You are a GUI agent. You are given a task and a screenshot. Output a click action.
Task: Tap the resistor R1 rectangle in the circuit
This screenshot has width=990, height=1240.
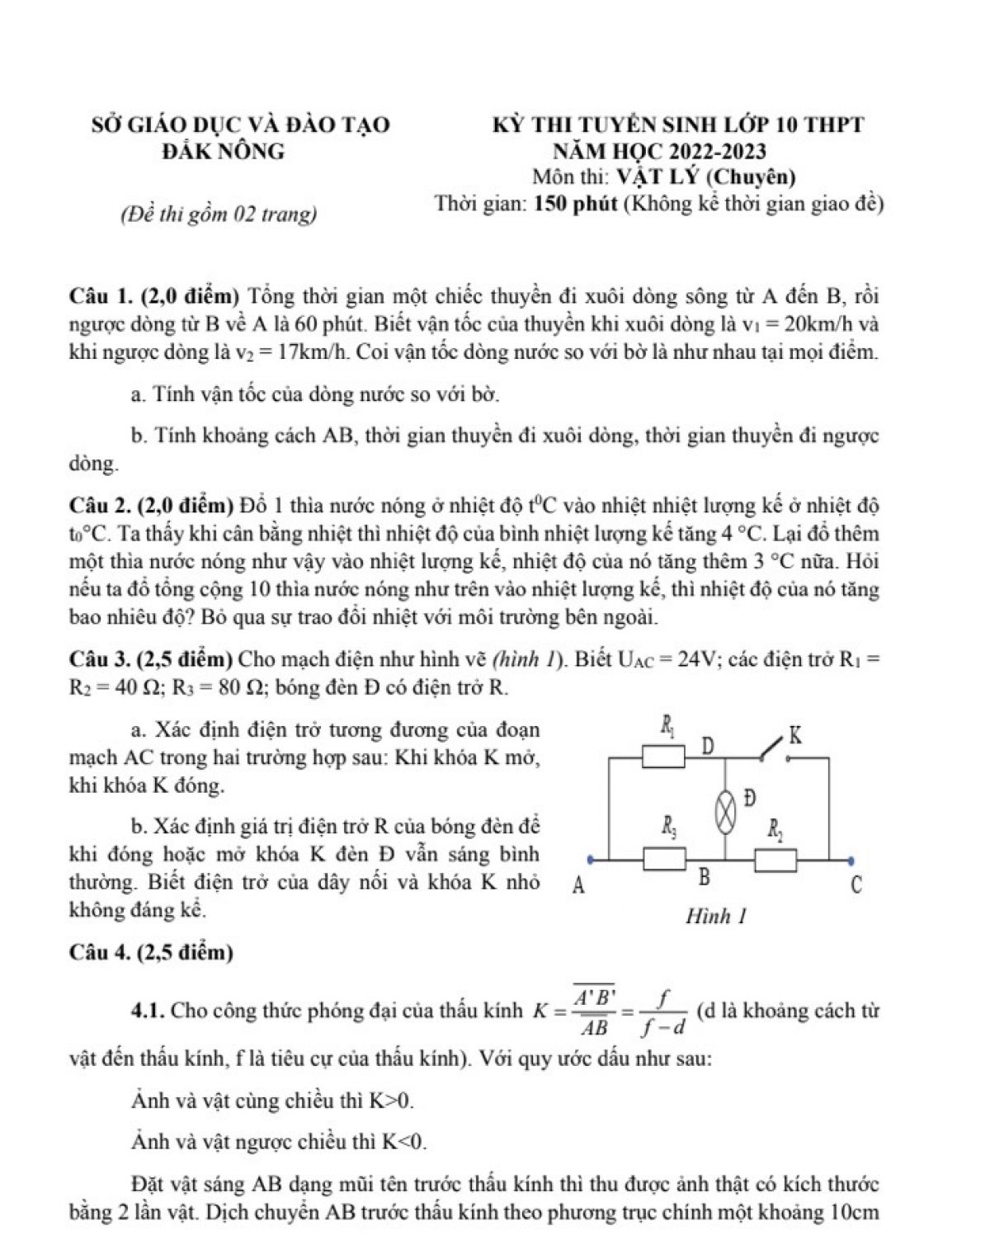point(664,756)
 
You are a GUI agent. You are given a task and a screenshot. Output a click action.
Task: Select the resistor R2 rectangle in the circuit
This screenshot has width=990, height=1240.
point(775,860)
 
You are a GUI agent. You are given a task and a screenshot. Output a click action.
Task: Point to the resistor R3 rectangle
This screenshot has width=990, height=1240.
point(665,860)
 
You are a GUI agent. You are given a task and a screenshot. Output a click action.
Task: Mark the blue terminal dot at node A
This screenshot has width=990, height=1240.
point(588,860)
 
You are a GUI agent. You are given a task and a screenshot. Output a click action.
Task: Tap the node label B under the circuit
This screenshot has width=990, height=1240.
point(705,877)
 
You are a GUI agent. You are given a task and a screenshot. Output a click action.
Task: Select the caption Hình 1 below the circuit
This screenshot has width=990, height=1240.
point(715,916)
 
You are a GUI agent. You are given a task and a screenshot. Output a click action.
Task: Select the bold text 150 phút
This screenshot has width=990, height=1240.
point(576,204)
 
